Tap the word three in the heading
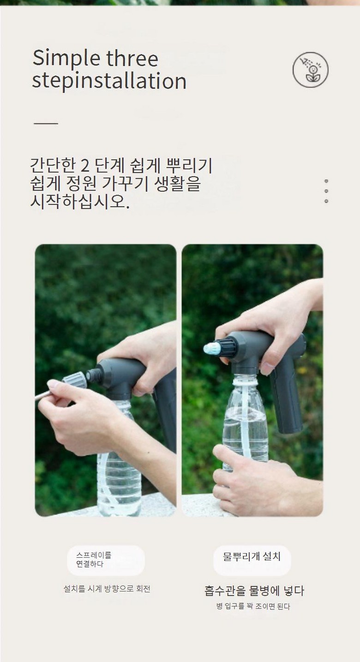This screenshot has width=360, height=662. pyautogui.click(x=132, y=58)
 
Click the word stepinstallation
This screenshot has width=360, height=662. pyautogui.click(x=109, y=81)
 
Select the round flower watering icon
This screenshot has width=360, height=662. pyautogui.click(x=310, y=70)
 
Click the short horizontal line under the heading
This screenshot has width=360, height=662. pyautogui.click(x=46, y=123)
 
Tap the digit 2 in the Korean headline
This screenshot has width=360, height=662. pyautogui.click(x=85, y=166)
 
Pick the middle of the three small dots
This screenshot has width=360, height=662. pyautogui.click(x=326, y=191)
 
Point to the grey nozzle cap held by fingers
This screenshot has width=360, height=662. pyautogui.click(x=75, y=380)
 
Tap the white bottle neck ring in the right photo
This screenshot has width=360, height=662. pyautogui.click(x=245, y=382)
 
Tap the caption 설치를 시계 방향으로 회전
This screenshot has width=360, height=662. pyautogui.click(x=107, y=589)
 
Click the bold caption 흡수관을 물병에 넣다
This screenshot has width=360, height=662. pyautogui.click(x=254, y=591)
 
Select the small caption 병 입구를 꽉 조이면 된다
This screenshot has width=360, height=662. pyautogui.click(x=253, y=607)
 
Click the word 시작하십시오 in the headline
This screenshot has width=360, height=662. pyautogui.click(x=80, y=202)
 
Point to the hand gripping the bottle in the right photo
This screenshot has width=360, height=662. pyautogui.click(x=251, y=479)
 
